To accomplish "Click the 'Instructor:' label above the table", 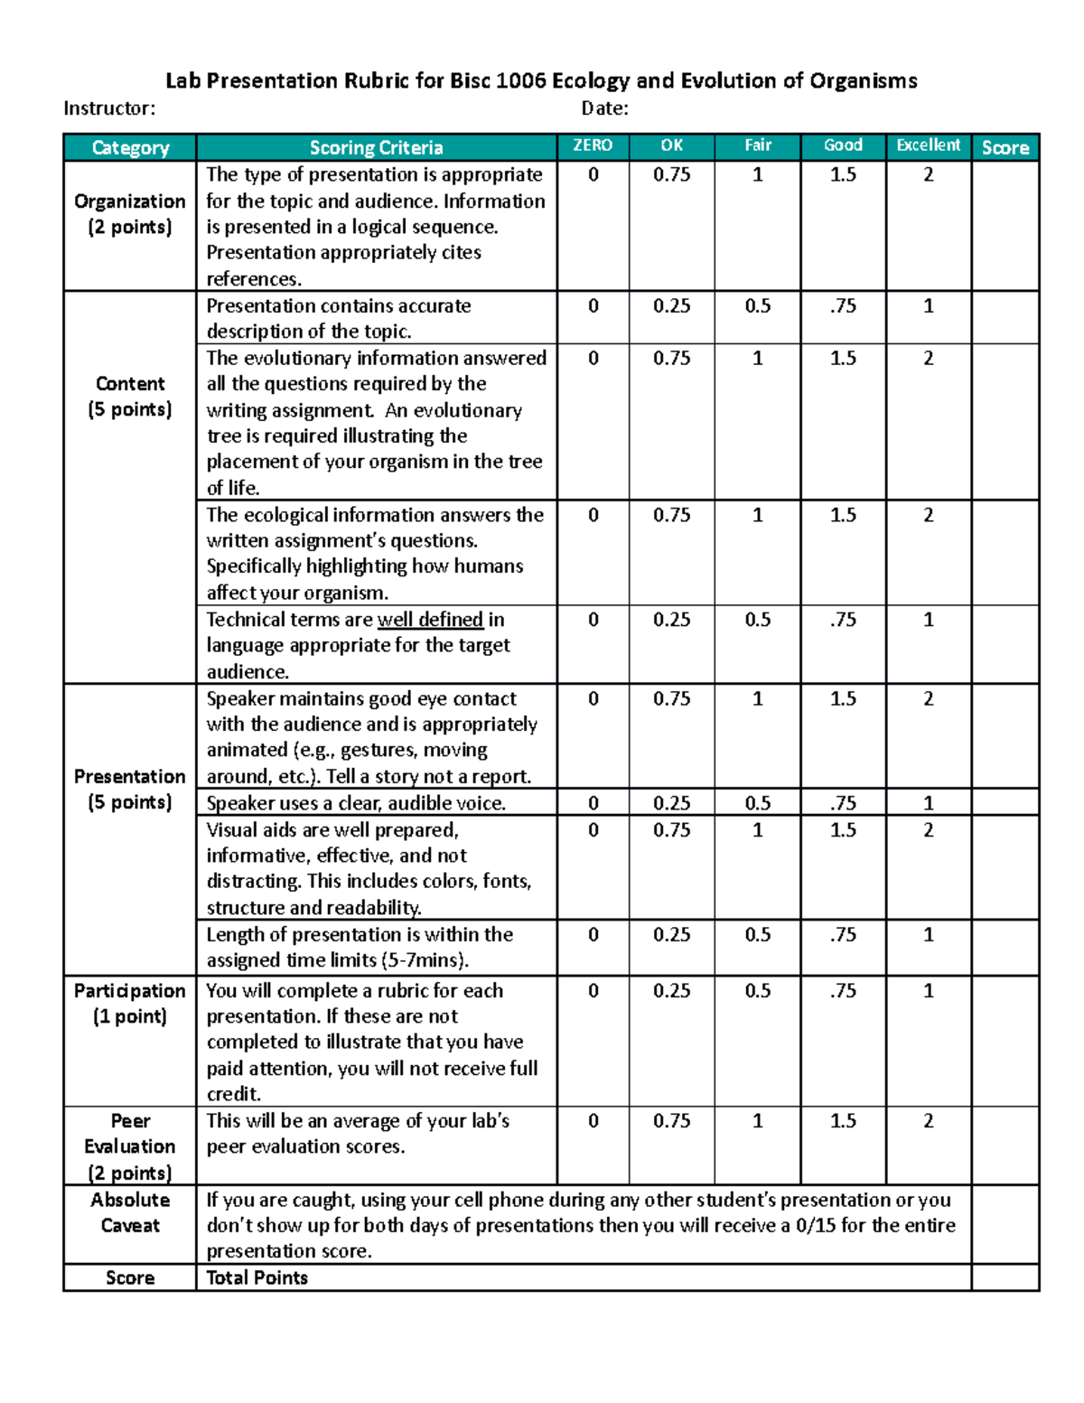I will point(109,108).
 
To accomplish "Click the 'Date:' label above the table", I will point(604,108).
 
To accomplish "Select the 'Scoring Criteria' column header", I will point(376,147).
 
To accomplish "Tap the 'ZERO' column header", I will point(593,145).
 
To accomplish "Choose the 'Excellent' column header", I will point(928,145).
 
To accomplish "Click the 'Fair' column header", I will point(758,145).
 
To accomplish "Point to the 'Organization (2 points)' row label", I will point(130,214).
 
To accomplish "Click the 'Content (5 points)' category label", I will point(130,397).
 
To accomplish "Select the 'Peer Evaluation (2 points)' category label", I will point(130,1146).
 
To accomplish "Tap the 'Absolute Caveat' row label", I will point(130,1212).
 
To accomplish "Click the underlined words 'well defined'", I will point(430,620).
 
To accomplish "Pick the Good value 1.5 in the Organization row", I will point(843,175).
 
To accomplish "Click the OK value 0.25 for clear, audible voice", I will point(671,803).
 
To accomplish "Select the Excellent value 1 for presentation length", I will point(928,935).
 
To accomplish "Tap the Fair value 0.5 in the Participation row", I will point(758,991).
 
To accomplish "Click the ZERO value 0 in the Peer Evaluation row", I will point(593,1121).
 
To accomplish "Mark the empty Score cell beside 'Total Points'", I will point(1005,1277).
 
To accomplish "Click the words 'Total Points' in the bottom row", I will point(257,1277).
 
